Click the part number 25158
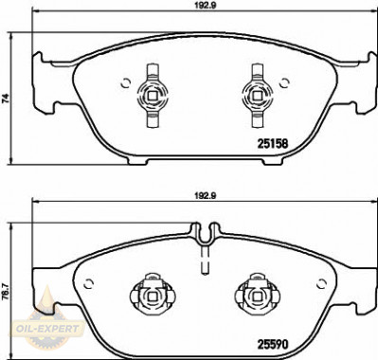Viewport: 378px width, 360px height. point(273,144)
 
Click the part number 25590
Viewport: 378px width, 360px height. point(273,345)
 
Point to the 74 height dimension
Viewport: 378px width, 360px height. point(5,99)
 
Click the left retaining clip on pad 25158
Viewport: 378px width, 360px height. point(153,96)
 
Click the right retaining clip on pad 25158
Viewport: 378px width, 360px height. point(257,96)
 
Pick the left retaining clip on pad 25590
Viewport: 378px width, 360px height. point(153,295)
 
